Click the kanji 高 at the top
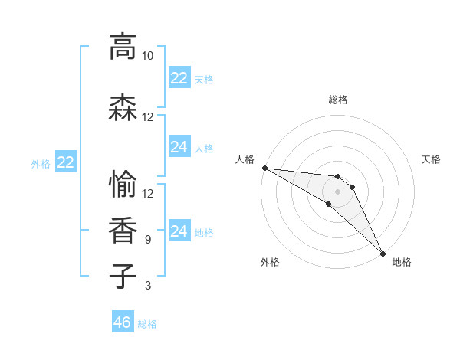tap(123, 47)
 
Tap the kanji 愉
tap(123, 184)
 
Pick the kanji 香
tap(123, 230)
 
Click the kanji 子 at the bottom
tap(123, 276)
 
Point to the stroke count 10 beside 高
tap(147, 56)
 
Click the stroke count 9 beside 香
tap(147, 240)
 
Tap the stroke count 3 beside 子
tap(147, 286)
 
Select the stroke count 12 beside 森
tap(147, 117)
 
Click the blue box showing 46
tap(123, 322)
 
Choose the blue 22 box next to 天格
tap(179, 78)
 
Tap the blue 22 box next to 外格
tap(66, 162)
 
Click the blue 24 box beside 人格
tap(179, 147)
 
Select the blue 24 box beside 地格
tap(179, 231)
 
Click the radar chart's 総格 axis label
tap(338, 100)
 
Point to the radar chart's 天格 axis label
tap(432, 159)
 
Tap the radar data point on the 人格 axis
tap(264, 168)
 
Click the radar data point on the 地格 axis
tap(383, 254)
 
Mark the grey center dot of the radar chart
tap(338, 191)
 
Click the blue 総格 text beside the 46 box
tap(147, 324)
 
